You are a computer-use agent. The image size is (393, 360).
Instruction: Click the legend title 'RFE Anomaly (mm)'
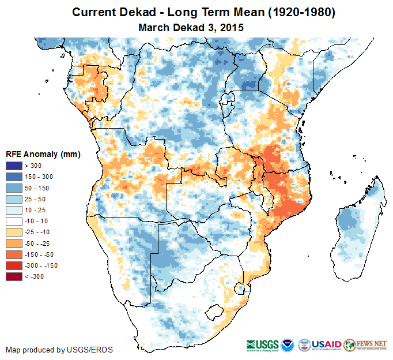(x=43, y=155)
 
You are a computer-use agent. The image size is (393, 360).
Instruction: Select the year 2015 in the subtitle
(x=232, y=27)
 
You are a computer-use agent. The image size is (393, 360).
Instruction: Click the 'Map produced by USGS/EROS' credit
(x=59, y=350)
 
